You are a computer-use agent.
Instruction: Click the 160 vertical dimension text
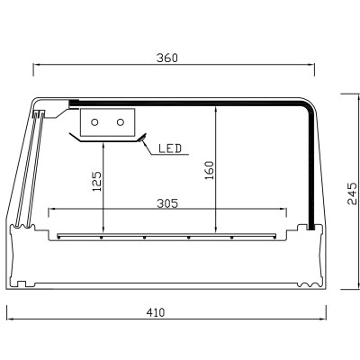click(209, 171)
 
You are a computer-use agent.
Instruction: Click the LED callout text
click(172, 147)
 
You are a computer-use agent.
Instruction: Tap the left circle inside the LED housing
click(95, 121)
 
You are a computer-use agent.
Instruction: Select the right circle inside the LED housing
click(120, 121)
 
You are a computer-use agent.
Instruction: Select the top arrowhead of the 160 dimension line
click(216, 104)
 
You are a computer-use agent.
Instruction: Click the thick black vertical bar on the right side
click(311, 171)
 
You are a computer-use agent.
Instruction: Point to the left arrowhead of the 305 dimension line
click(51, 210)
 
